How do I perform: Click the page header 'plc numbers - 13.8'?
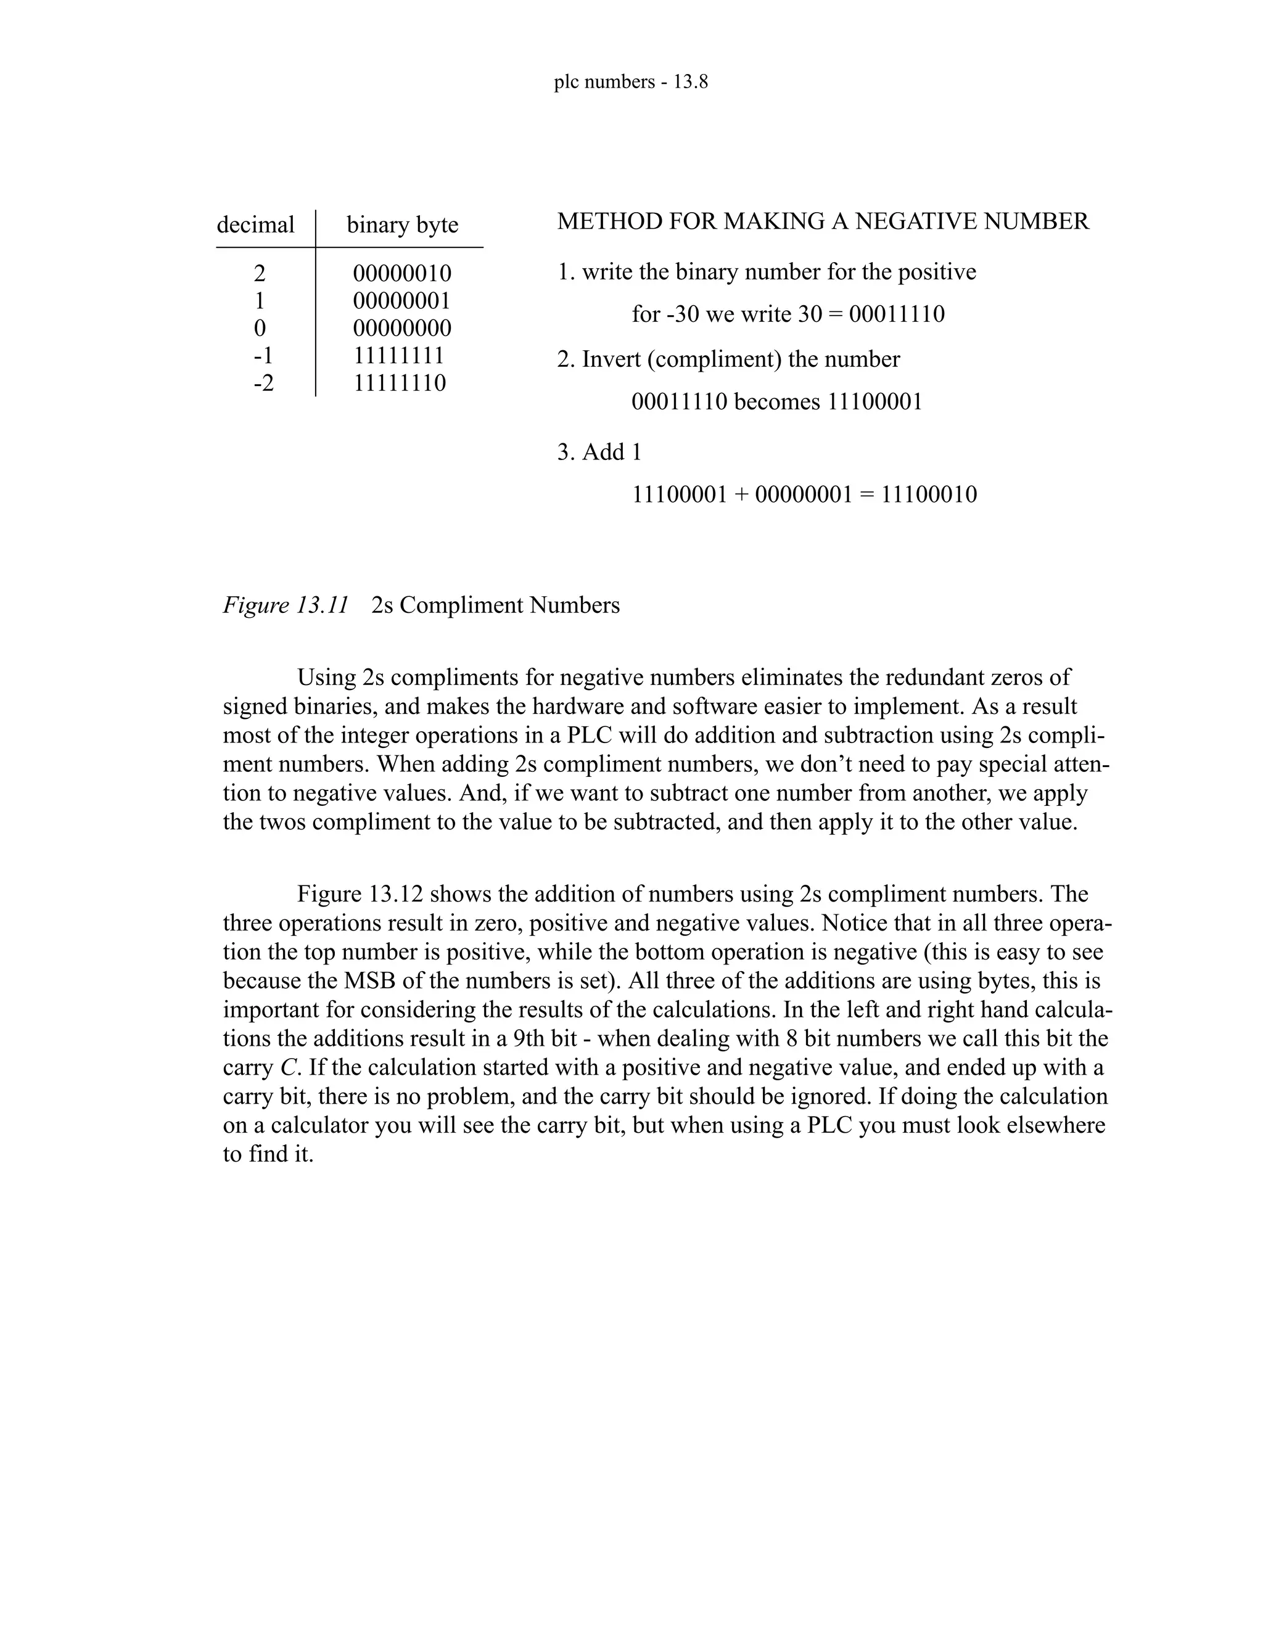(x=631, y=81)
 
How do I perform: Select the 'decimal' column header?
(x=255, y=224)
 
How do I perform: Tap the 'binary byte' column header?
(x=402, y=224)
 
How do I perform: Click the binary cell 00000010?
(x=402, y=273)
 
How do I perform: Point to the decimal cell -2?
(x=263, y=383)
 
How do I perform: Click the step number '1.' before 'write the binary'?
(x=566, y=271)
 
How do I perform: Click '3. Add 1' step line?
(x=599, y=452)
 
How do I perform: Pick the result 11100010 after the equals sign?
(x=929, y=495)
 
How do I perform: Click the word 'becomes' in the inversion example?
(x=778, y=402)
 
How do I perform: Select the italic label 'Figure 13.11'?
(x=286, y=604)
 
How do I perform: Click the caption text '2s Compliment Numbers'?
(x=495, y=604)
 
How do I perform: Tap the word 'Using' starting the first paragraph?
(x=326, y=677)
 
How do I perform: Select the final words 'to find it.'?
(x=267, y=1154)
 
